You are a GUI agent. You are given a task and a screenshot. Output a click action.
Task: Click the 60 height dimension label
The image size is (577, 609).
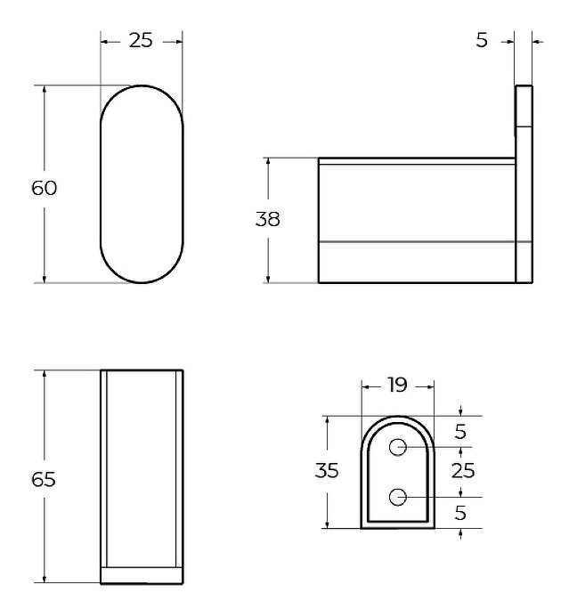pyautogui.click(x=44, y=188)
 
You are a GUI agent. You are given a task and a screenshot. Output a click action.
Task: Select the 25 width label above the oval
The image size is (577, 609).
pyautogui.click(x=141, y=40)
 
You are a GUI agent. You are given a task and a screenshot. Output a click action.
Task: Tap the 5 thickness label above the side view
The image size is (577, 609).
pyautogui.click(x=482, y=40)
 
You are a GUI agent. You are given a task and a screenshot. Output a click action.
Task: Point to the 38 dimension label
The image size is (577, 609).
pyautogui.click(x=268, y=219)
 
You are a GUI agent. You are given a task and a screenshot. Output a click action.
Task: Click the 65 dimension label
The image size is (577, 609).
pyautogui.click(x=44, y=480)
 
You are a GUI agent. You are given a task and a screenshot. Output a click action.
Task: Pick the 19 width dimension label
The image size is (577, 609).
pyautogui.click(x=397, y=385)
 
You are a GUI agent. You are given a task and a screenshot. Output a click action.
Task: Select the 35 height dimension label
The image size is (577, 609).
pyautogui.click(x=327, y=470)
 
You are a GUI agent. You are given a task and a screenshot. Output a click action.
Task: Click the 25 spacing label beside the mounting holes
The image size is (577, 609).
pyautogui.click(x=463, y=471)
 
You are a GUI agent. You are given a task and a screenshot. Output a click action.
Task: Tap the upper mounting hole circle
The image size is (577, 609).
pyautogui.click(x=398, y=448)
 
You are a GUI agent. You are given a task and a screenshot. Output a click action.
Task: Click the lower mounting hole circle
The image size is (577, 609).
pyautogui.click(x=398, y=497)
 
